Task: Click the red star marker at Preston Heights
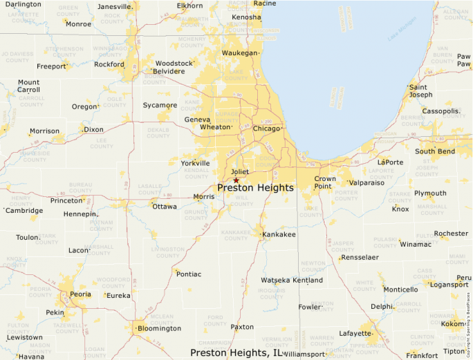point(236,180)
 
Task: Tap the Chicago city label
point(267,129)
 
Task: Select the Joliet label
point(239,172)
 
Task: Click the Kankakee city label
point(279,235)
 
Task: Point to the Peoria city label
point(80,294)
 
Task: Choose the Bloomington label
point(159,328)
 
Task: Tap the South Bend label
point(435,151)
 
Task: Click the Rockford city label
point(109,64)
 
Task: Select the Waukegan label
point(239,53)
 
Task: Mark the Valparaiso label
point(367,182)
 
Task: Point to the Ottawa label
point(165,206)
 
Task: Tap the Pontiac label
point(189,274)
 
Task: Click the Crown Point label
point(325,182)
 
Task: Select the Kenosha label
point(247,17)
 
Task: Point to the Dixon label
point(93,129)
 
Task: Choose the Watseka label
point(275,280)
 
